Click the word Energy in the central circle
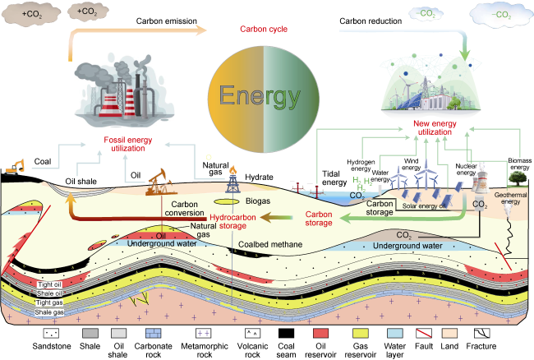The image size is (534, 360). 260,96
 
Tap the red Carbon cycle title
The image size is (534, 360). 264,29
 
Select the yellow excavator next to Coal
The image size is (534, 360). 15,167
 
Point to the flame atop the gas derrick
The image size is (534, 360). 233,169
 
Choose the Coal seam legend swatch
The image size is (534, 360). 286,333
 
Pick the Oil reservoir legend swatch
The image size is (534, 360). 320,333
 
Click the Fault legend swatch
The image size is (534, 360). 424,333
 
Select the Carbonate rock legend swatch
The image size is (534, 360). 154,333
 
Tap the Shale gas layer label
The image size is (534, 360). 49,312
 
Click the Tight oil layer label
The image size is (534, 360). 49,284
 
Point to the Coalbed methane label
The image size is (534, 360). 270,245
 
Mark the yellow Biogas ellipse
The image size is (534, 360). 227,202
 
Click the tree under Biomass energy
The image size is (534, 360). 518,178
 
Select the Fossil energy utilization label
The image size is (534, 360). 128,144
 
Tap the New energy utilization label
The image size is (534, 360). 435,127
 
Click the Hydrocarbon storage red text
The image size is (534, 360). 232,221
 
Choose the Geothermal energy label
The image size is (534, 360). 510,198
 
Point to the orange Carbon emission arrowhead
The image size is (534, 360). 200,30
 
